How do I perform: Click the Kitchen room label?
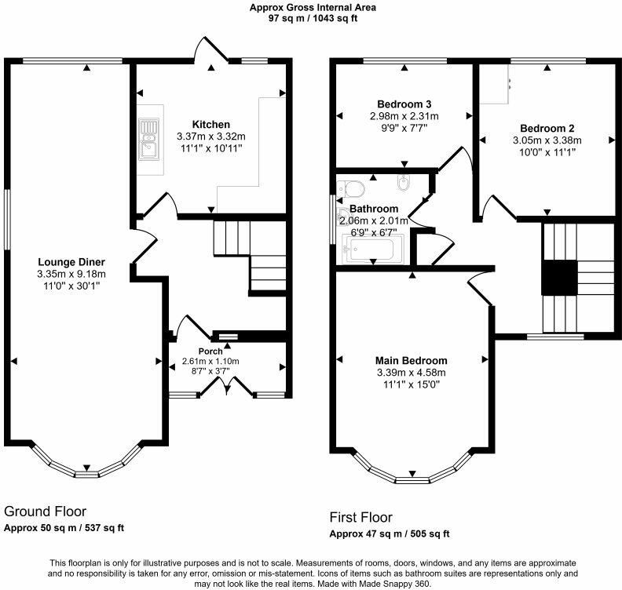211,125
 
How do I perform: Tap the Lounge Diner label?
71,262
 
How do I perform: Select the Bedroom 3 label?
404,104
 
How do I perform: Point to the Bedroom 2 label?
547,129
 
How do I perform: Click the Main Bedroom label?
412,361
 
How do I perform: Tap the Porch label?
210,351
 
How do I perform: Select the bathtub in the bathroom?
373,249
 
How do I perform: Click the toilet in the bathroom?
351,189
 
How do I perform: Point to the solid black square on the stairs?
559,278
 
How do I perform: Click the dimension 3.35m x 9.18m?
71,274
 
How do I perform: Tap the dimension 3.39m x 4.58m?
412,373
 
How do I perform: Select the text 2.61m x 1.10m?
210,362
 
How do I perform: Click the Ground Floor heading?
46,512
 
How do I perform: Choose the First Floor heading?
361,518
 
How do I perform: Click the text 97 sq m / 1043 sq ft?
313,18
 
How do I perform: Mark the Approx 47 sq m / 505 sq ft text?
390,534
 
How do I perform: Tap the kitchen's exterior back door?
212,49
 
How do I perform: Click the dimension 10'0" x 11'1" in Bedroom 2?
547,152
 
